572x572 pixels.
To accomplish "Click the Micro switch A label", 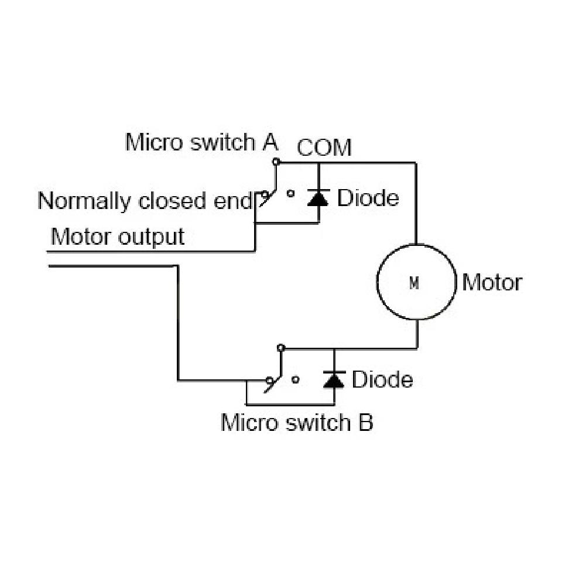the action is click(202, 142).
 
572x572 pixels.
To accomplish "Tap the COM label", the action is click(324, 148).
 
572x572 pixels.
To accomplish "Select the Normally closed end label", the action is click(145, 201).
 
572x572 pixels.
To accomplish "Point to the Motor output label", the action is click(118, 237).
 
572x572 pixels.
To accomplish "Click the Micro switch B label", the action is click(297, 423).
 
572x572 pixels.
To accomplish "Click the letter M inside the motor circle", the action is click(415, 283).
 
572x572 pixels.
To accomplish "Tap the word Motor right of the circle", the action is click(492, 283).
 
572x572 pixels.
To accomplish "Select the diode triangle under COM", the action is click(318, 198).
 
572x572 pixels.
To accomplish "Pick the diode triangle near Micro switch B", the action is click(334, 379).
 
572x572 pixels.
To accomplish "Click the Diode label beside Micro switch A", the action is click(368, 198).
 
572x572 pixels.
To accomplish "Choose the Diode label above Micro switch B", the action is click(382, 379).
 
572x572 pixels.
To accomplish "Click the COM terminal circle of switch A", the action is click(276, 162).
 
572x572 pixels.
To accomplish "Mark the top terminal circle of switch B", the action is click(280, 348).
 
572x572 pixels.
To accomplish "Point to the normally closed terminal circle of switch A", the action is click(265, 194).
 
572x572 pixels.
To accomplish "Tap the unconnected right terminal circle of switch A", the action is click(290, 194).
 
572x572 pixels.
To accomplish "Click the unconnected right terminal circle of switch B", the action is click(296, 380).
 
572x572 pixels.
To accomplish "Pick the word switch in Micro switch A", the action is click(223, 142).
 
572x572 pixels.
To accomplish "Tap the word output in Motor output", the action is click(151, 238).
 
